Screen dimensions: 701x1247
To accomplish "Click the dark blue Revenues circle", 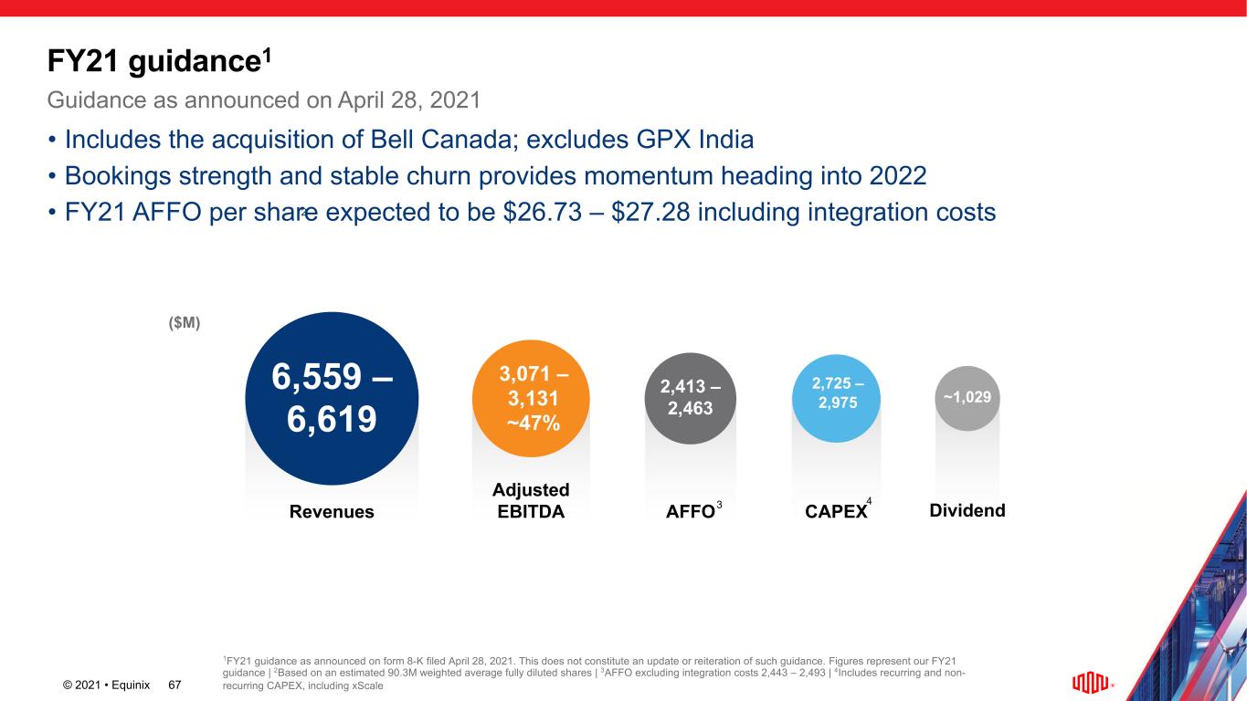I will point(332,398).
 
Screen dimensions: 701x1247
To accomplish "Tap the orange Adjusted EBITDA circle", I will point(531,398).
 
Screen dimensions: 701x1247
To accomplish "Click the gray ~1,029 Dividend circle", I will point(967,398).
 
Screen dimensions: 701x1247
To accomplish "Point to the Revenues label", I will point(332,512).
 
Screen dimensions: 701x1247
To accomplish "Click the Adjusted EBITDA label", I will point(531,501).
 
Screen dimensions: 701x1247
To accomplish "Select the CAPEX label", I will point(836,512).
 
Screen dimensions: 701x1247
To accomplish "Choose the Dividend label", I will point(967,511).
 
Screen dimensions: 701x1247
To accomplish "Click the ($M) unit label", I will point(184,323).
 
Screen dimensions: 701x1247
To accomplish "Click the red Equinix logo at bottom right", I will point(1088,683).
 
